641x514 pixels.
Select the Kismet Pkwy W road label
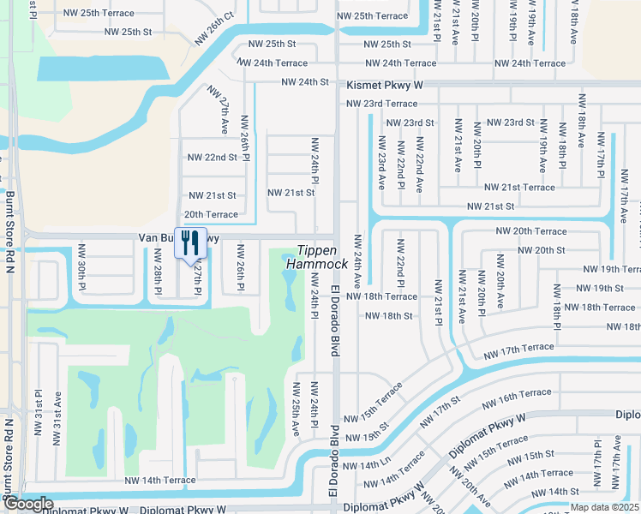(x=386, y=86)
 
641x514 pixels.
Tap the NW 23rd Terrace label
(x=381, y=104)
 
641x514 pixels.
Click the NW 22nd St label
(x=212, y=158)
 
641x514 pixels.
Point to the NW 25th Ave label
(x=297, y=409)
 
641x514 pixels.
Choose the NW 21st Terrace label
(x=519, y=188)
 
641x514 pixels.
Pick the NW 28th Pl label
(x=157, y=273)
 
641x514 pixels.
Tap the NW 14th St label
(x=548, y=492)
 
